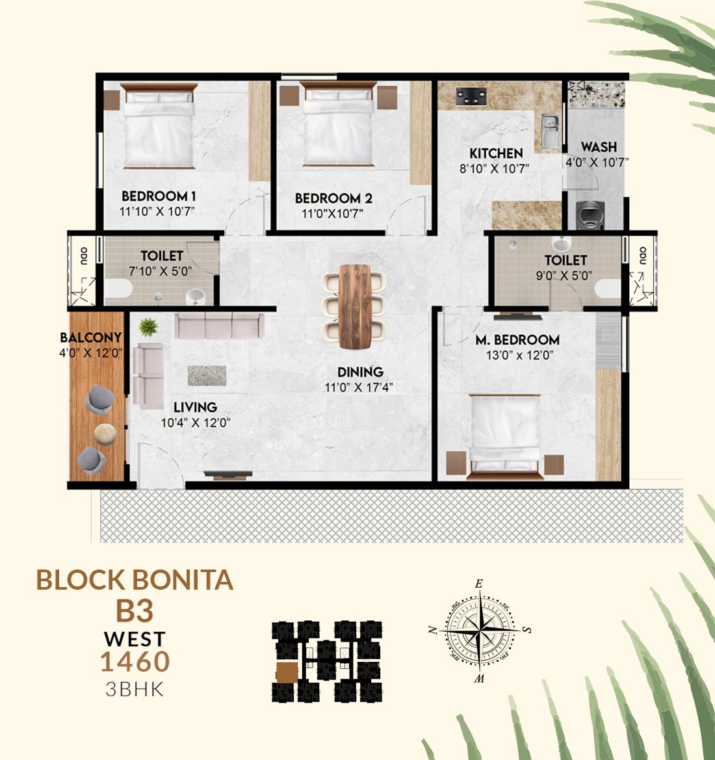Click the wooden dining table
click(355, 306)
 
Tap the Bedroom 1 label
click(159, 196)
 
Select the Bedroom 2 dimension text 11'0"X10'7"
click(332, 213)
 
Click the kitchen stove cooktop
click(471, 96)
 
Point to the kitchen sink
click(550, 131)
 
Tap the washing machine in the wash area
click(590, 215)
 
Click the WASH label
click(599, 146)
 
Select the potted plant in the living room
click(148, 327)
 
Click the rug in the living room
click(207, 376)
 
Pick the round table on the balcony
click(105, 434)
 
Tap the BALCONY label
click(90, 337)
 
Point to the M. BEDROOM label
click(517, 340)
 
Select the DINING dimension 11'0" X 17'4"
click(359, 387)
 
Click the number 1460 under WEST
click(135, 662)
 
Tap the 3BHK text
click(135, 689)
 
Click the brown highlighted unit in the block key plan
click(287, 673)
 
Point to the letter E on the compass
click(479, 584)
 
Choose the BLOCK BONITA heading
click(135, 580)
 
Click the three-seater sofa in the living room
click(219, 325)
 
